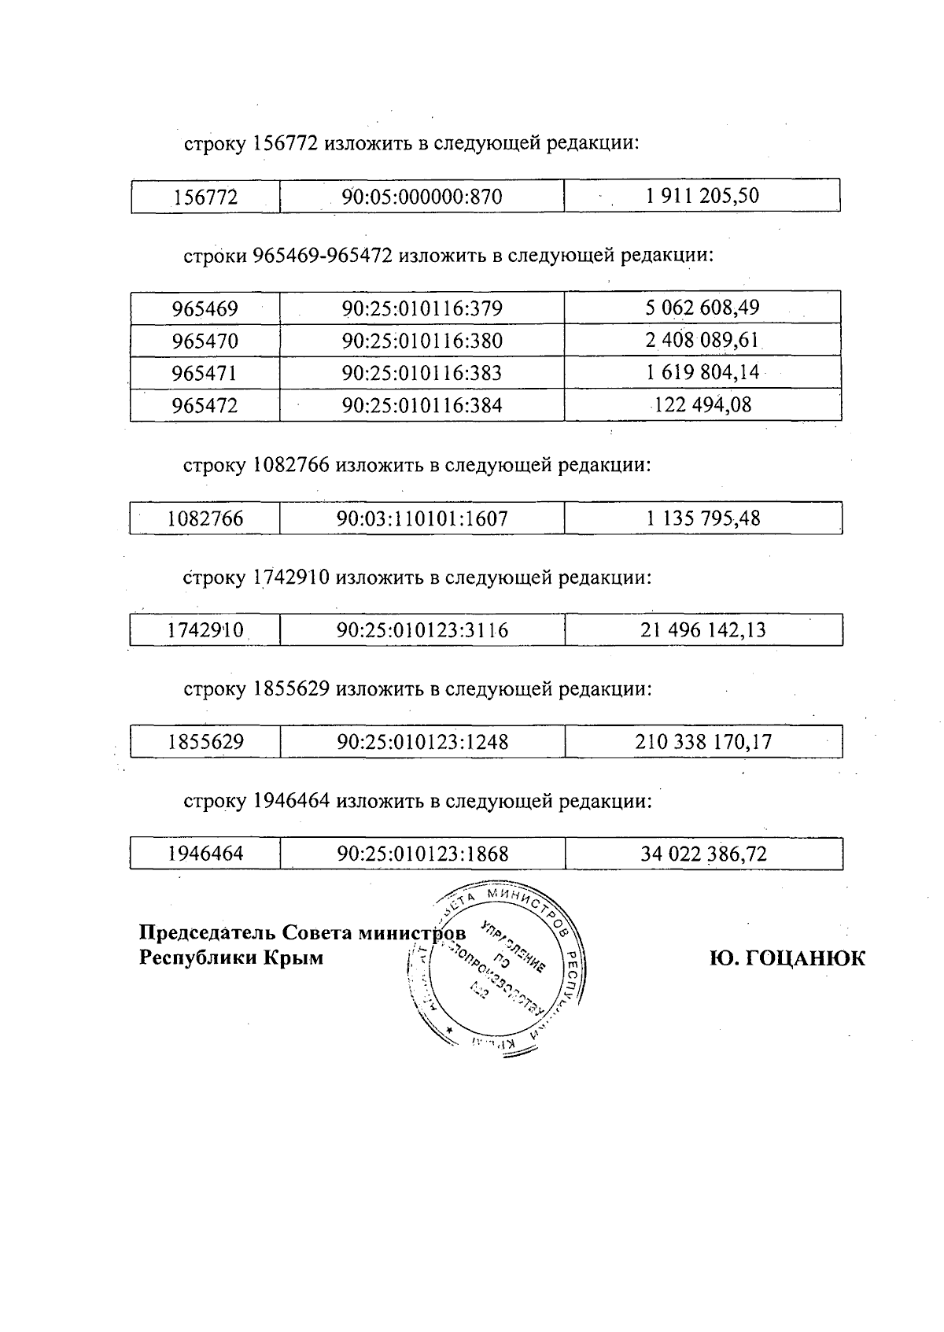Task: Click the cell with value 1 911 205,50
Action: point(702,196)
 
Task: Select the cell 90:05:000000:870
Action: point(422,197)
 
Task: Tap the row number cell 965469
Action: point(205,308)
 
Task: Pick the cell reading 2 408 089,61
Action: point(702,341)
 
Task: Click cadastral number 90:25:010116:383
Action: point(422,373)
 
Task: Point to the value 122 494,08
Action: point(702,405)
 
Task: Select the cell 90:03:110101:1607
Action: point(422,518)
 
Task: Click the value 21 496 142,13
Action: point(702,630)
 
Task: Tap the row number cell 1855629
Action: point(205,742)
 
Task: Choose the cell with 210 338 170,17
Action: point(703,742)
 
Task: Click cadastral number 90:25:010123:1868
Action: point(422,854)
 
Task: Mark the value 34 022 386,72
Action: point(703,854)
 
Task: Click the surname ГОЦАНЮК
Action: point(803,958)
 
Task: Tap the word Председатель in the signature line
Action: point(208,933)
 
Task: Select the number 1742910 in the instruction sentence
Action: point(291,577)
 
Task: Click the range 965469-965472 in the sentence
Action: point(323,256)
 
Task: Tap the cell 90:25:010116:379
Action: point(422,308)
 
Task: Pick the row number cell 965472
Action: point(205,405)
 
